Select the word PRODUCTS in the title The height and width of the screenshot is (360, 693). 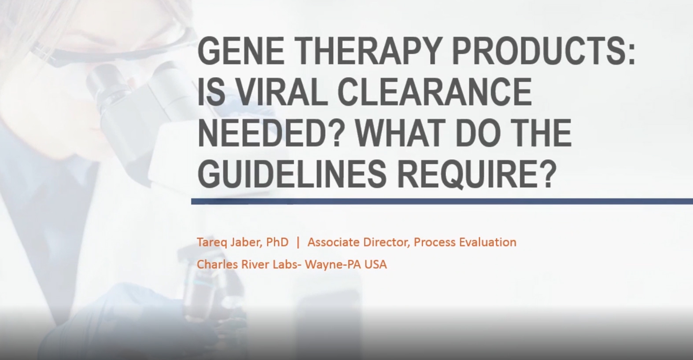click(x=539, y=51)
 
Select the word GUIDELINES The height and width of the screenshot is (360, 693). click(x=292, y=174)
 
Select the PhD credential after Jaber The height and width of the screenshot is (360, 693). click(x=277, y=242)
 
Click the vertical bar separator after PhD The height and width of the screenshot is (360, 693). click(x=298, y=242)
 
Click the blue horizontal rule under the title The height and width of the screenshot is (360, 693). click(x=442, y=202)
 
